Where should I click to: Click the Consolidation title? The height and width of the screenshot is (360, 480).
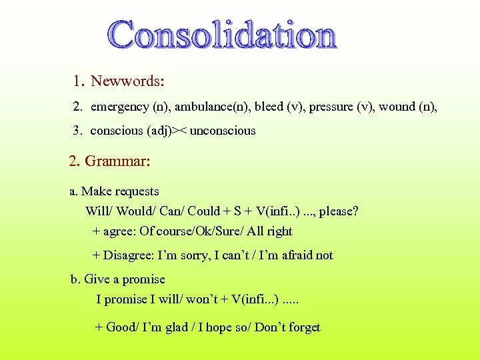coord(223,35)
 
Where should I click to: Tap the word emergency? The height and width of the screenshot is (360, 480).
coord(120,107)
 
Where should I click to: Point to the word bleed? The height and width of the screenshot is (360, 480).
coord(269,107)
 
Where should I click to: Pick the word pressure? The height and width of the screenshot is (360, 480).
coord(331,107)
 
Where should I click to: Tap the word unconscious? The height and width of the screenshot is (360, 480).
coord(223,131)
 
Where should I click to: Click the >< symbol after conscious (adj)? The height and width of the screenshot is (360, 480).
coord(179,131)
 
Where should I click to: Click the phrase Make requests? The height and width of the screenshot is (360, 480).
coord(120,192)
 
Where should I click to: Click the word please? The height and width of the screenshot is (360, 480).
coord(338,212)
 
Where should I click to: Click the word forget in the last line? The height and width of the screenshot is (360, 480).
coord(303,327)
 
